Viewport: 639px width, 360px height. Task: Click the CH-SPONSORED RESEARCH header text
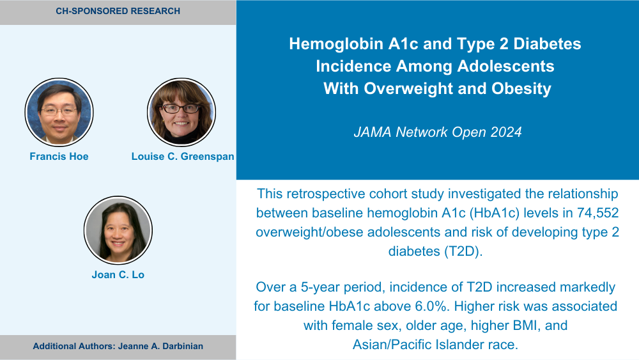[x=118, y=11]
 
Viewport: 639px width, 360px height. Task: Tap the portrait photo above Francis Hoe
[x=59, y=112]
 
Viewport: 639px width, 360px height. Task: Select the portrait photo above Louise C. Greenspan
[x=181, y=112]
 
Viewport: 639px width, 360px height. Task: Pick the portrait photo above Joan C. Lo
[x=118, y=230]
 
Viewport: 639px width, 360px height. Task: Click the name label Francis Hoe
[x=59, y=157]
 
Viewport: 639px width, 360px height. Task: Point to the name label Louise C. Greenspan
[x=183, y=157]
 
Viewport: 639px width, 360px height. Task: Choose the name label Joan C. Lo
[x=118, y=275]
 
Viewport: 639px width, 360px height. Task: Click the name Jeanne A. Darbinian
[x=160, y=346]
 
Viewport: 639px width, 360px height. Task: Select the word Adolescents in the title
[x=505, y=66]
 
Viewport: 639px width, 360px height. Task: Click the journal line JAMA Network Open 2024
[x=438, y=132]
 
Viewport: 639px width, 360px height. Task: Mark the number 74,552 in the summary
[x=598, y=213]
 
